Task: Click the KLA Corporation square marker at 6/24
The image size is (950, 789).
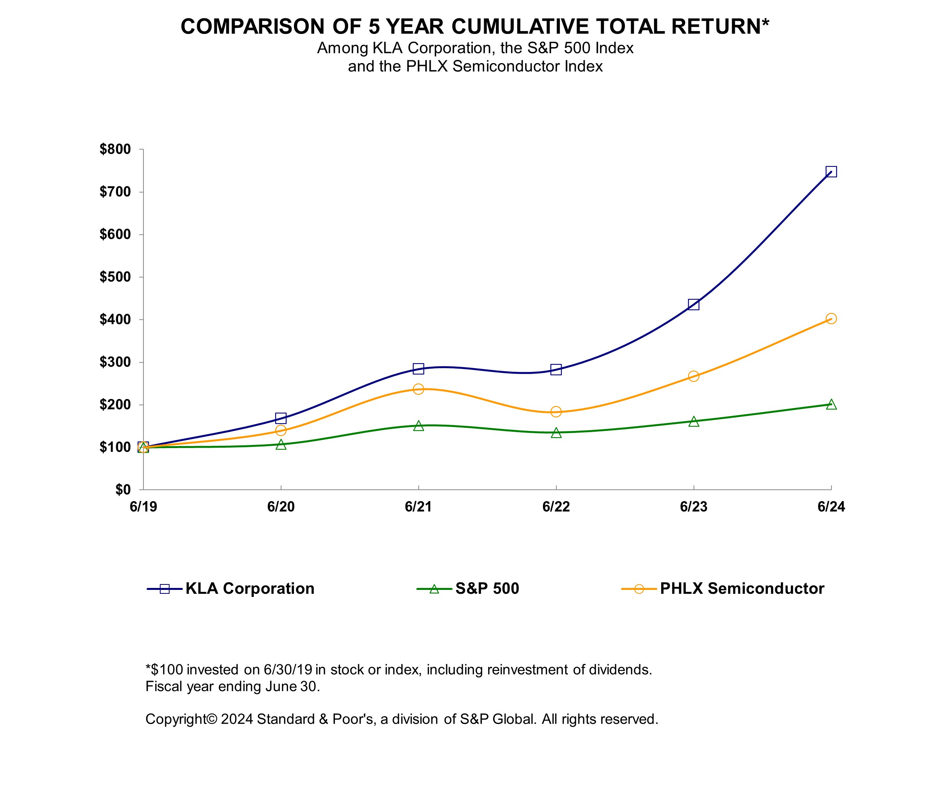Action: [x=831, y=172]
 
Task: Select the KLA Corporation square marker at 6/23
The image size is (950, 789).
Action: [x=693, y=304]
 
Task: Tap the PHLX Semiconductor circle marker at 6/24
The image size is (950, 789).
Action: [x=831, y=319]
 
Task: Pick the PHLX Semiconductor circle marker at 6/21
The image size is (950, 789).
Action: [x=418, y=389]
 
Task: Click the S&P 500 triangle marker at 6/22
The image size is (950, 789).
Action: [x=556, y=433]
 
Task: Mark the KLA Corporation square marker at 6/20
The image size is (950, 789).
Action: [x=281, y=418]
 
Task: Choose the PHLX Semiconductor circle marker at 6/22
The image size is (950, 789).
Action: [x=556, y=411]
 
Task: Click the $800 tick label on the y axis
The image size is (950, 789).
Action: [x=115, y=149]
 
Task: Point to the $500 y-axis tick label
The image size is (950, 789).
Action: [x=115, y=277]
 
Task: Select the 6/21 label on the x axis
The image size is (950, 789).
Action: [x=418, y=507]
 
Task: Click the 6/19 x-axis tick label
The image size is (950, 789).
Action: [x=143, y=507]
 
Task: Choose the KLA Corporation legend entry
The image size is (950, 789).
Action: [x=250, y=589]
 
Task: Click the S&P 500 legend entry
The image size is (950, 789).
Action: [x=487, y=589]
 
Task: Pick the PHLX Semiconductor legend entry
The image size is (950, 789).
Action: [x=742, y=589]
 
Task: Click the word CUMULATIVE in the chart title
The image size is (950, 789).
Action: [x=520, y=26]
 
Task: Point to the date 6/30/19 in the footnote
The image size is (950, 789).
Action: [x=288, y=670]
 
